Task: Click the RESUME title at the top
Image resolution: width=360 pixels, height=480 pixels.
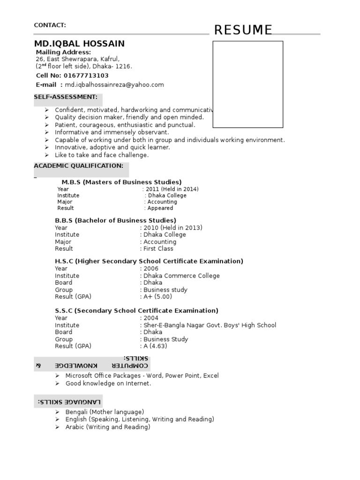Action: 243,30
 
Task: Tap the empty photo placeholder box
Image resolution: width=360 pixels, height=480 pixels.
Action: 247,84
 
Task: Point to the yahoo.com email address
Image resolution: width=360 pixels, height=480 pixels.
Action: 114,85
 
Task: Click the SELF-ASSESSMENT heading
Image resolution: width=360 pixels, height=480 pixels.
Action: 66,97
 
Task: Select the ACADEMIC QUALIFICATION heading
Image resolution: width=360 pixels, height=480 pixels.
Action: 79,166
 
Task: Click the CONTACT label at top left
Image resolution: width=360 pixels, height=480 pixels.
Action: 50,25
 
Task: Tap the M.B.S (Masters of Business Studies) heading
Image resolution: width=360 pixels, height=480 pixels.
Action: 121,182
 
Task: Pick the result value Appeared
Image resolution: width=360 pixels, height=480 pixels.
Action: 160,208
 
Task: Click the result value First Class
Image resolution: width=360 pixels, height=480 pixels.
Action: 158,249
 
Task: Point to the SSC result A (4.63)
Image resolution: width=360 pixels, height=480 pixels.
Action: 155,346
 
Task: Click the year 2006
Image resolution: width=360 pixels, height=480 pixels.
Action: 151,269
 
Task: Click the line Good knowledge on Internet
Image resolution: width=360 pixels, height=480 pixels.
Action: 108,383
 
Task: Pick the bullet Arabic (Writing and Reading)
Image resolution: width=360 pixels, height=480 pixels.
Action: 108,427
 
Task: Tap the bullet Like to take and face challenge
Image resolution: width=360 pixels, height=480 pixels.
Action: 102,155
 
